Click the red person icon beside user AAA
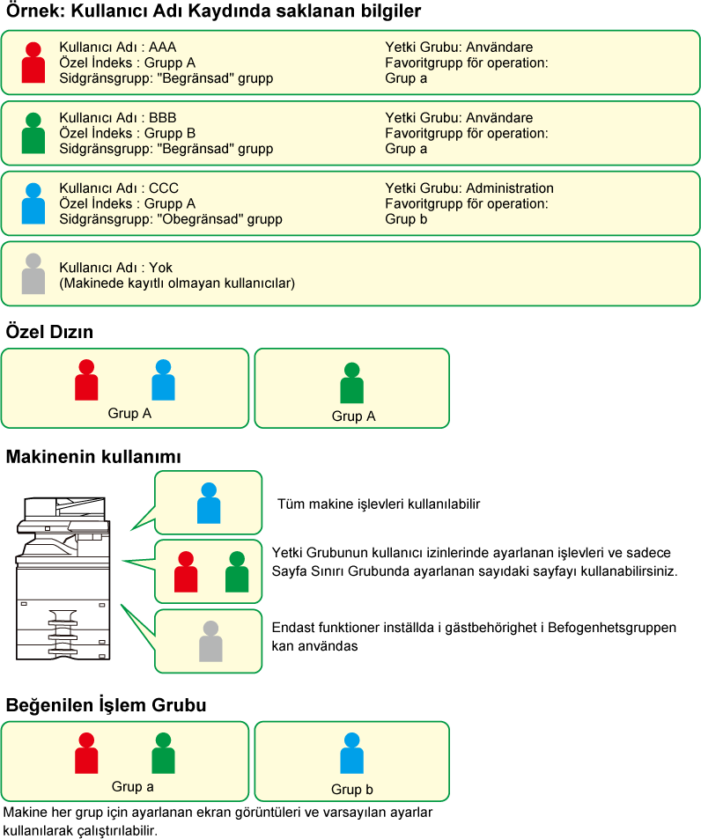click(x=33, y=63)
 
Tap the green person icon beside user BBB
click(x=33, y=133)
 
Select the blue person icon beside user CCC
click(x=33, y=203)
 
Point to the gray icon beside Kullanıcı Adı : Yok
click(x=33, y=274)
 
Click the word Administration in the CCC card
click(x=509, y=188)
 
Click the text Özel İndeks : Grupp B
click(x=128, y=133)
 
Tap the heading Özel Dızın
click(x=49, y=332)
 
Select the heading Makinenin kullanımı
click(x=93, y=457)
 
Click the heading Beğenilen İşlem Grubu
click(x=106, y=705)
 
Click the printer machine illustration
click(x=63, y=578)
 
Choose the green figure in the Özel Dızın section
click(x=351, y=383)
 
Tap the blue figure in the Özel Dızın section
click(x=163, y=380)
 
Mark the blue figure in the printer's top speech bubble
click(x=209, y=503)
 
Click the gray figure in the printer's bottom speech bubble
click(x=210, y=641)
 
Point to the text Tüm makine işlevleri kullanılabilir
click(x=379, y=504)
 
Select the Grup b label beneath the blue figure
click(x=352, y=789)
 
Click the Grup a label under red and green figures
click(x=133, y=786)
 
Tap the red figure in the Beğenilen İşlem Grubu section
click(x=86, y=754)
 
